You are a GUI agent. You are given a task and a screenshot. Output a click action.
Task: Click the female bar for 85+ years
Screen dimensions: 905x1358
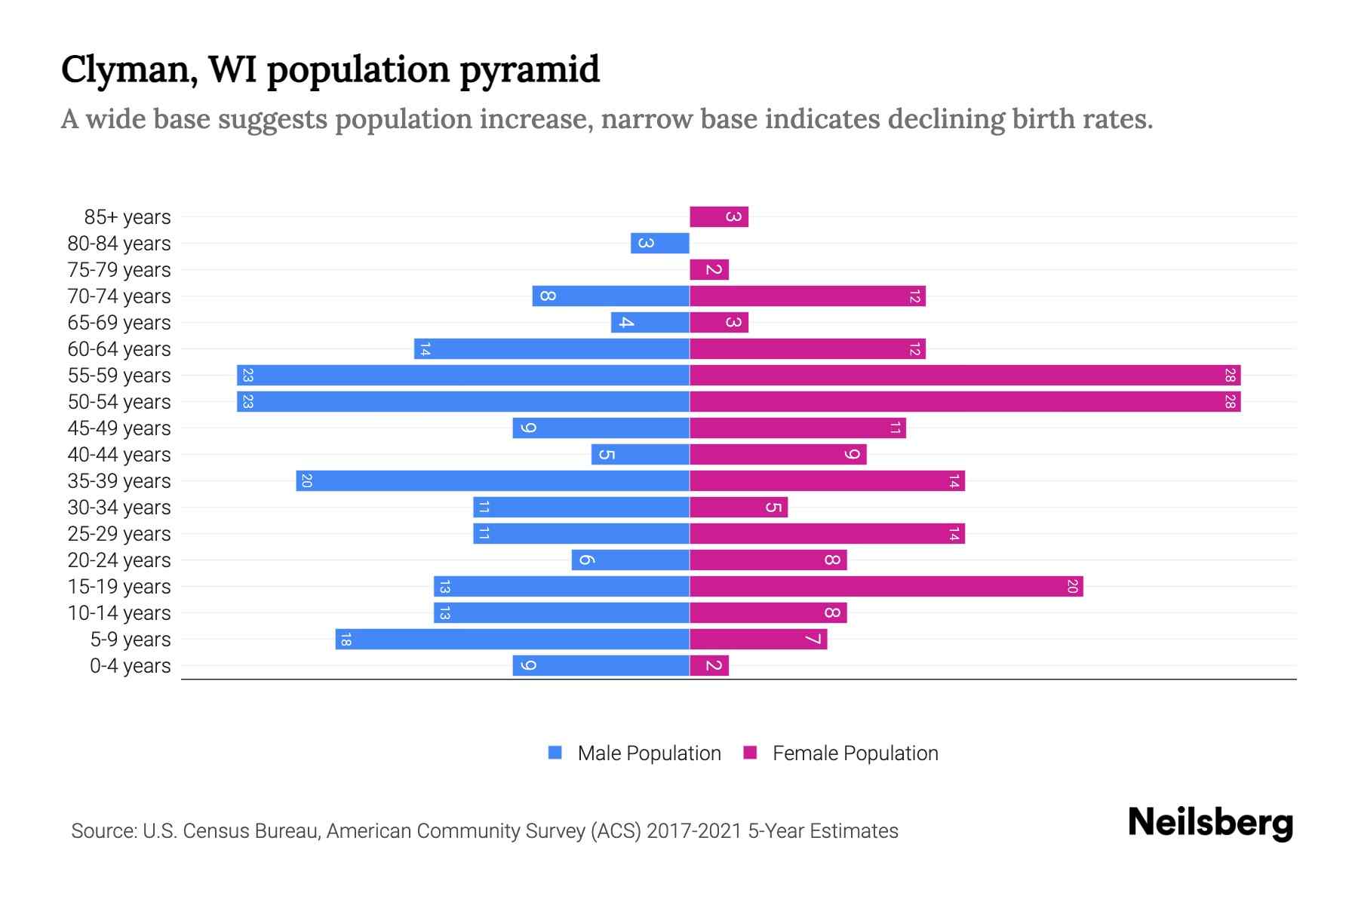(718, 217)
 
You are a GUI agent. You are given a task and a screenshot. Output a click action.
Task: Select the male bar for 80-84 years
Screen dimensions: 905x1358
(660, 244)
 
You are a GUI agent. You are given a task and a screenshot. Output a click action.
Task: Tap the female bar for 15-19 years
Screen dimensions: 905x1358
(886, 587)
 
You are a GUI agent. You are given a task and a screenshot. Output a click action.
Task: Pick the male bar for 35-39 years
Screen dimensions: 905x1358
(493, 481)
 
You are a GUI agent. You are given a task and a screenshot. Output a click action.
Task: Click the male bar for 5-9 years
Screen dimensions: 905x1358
(512, 640)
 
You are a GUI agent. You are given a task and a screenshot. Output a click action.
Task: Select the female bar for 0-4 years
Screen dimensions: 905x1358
(709, 666)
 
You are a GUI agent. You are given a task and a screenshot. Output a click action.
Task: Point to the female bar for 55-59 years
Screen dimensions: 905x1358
(965, 376)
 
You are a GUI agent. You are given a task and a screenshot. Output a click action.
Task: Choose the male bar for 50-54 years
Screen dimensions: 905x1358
(462, 402)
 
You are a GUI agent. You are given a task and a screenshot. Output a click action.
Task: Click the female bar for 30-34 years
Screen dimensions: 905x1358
(738, 508)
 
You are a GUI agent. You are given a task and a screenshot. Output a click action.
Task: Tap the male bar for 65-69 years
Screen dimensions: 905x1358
(650, 323)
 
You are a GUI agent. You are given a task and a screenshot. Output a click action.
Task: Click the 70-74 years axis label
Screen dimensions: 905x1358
(119, 296)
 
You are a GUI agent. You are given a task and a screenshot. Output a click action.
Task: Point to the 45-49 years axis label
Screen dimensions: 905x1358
(119, 428)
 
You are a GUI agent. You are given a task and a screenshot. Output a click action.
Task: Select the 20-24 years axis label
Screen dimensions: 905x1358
(119, 560)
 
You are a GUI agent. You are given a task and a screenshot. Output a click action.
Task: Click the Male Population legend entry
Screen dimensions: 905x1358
(648, 753)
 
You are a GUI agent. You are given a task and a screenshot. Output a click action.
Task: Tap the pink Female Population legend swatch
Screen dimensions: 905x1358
(750, 753)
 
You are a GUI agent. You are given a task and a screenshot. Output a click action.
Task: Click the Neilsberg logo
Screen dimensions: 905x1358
(1210, 823)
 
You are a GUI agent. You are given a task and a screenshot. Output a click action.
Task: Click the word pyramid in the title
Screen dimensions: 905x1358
(529, 69)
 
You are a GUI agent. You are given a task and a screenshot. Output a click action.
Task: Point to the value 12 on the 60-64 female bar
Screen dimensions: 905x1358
(914, 349)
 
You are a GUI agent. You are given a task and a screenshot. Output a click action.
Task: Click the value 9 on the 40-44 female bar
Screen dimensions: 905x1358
(852, 455)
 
